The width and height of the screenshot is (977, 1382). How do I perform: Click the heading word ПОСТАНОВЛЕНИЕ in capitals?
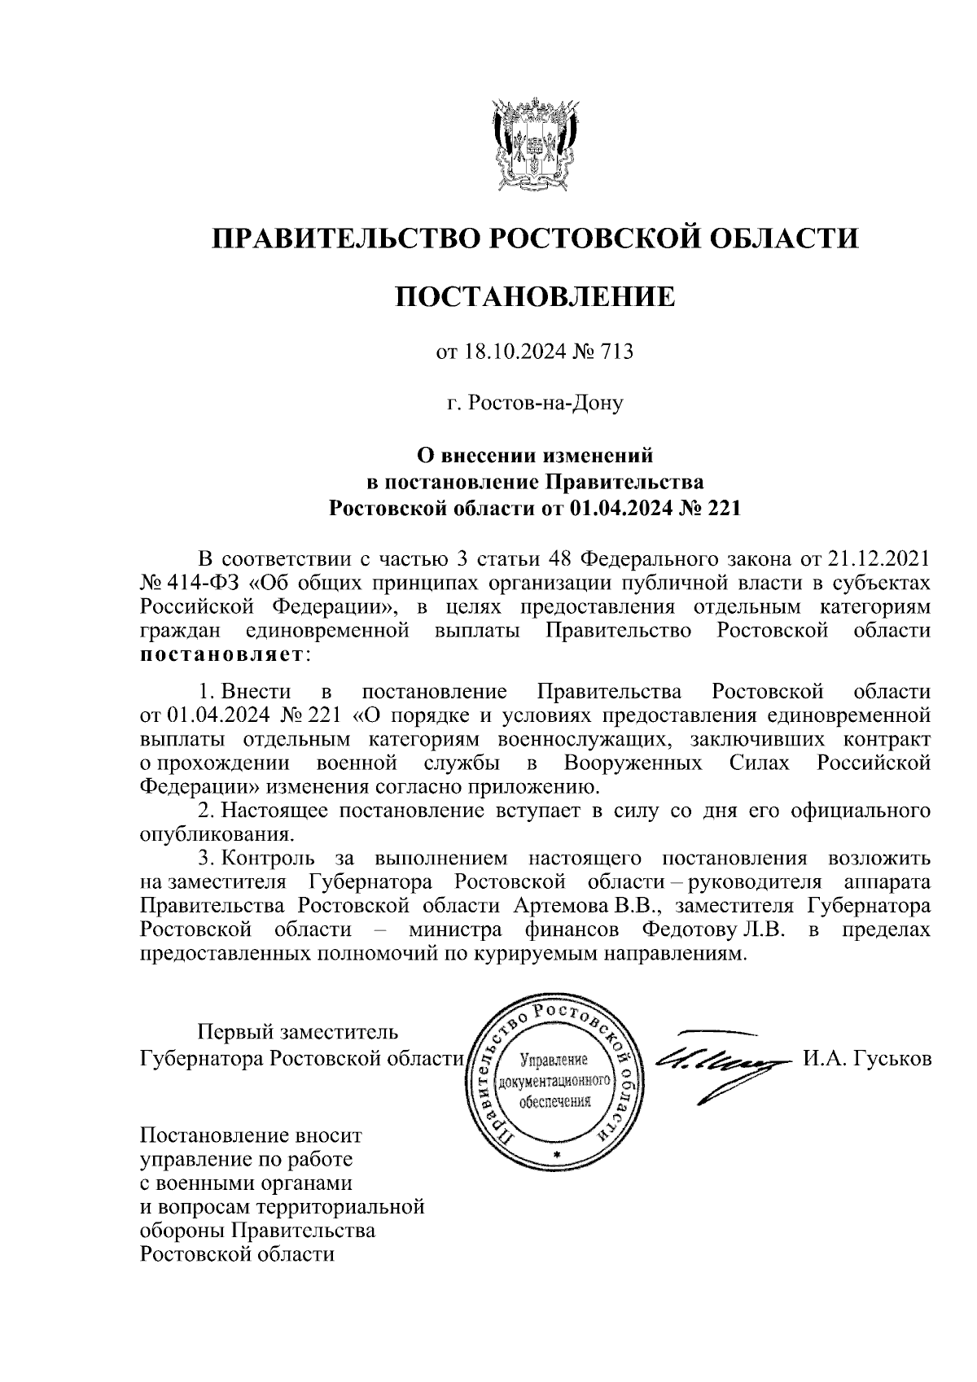[535, 296]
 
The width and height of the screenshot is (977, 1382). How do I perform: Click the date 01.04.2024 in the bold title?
[616, 510]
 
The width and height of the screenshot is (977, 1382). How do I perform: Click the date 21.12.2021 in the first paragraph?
[878, 560]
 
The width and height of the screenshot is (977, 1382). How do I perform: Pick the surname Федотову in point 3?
[689, 929]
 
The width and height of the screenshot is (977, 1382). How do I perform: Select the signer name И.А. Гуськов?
[866, 1059]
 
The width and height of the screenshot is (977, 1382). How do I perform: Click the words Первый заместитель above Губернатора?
[299, 1032]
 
